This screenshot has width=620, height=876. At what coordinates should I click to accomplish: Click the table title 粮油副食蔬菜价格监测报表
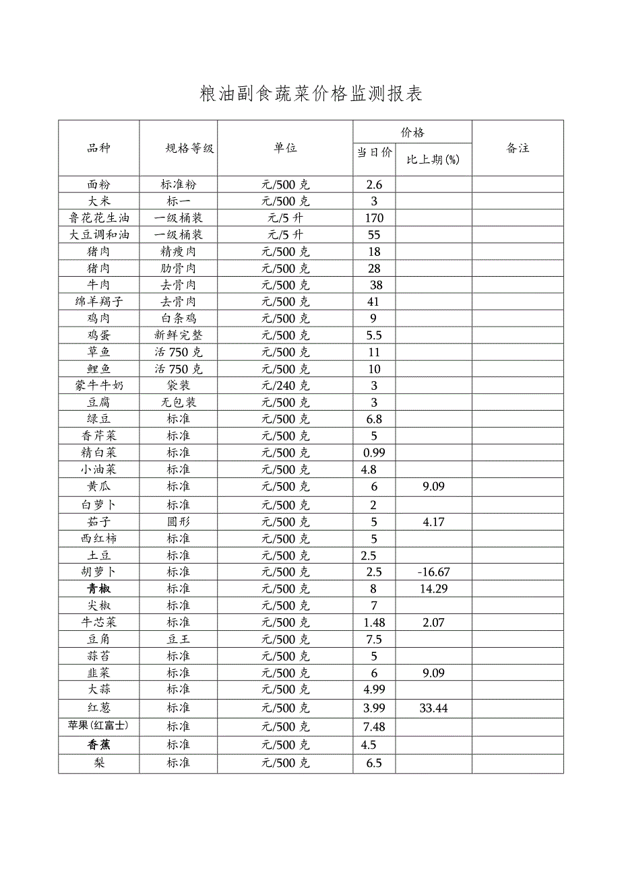(x=311, y=94)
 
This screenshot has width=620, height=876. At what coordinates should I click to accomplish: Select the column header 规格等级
(x=189, y=149)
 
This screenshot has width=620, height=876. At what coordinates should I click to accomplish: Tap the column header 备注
(x=518, y=149)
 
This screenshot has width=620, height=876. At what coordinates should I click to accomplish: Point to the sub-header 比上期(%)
(x=433, y=160)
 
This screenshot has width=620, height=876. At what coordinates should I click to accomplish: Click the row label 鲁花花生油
(x=99, y=218)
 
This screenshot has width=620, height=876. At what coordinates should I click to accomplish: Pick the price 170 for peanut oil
(x=374, y=218)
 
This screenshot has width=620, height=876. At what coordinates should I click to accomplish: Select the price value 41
(x=374, y=302)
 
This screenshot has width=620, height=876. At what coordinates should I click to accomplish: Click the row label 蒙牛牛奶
(x=99, y=386)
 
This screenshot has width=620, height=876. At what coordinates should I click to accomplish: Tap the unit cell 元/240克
(x=286, y=386)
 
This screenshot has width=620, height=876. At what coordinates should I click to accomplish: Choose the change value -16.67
(x=433, y=572)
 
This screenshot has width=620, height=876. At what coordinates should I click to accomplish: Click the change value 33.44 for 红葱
(x=433, y=708)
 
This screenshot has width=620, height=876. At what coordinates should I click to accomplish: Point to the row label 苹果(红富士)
(x=98, y=726)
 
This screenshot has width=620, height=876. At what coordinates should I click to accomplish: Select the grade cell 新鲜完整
(x=179, y=335)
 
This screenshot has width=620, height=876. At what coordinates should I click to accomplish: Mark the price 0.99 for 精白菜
(x=374, y=453)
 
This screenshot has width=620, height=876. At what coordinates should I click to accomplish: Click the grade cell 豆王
(x=179, y=639)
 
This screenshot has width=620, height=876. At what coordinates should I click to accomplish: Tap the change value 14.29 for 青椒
(x=433, y=589)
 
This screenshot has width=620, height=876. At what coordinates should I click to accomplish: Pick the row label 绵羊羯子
(x=99, y=302)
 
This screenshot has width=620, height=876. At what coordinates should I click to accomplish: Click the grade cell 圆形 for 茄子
(x=179, y=522)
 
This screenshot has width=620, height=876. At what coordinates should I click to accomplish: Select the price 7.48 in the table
(x=374, y=727)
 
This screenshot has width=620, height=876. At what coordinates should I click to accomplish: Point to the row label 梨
(x=99, y=764)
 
